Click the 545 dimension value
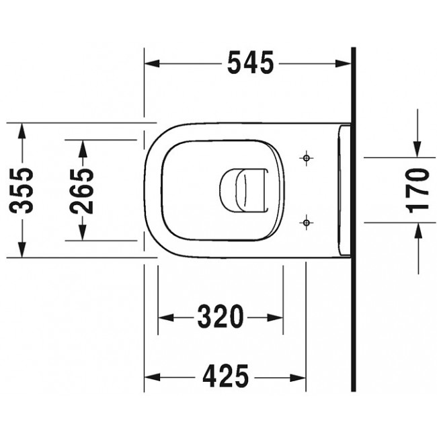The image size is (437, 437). tap(250, 63)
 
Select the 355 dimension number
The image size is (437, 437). tap(24, 190)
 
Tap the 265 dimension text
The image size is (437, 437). tap(83, 190)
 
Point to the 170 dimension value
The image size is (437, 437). tap(418, 190)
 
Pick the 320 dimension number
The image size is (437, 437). tap(220, 317)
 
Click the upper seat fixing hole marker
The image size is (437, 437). tap(306, 159)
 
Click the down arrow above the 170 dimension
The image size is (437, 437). tap(418, 149)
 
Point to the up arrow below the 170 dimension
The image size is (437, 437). tap(418, 231)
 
